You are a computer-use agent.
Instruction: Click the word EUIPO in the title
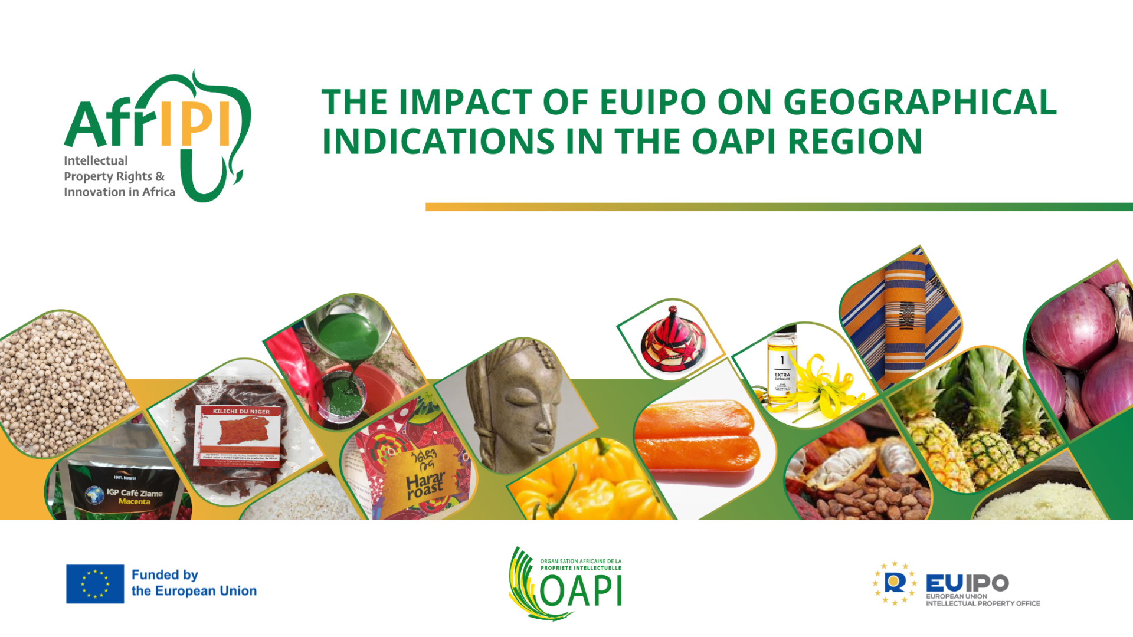pos(652,102)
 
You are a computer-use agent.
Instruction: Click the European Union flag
pos(95,584)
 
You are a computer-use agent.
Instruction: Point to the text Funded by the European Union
pos(194,583)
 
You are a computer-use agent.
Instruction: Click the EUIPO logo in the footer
pos(957,584)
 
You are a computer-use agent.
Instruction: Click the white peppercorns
pos(59,383)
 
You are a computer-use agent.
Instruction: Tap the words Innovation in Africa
pos(119,192)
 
